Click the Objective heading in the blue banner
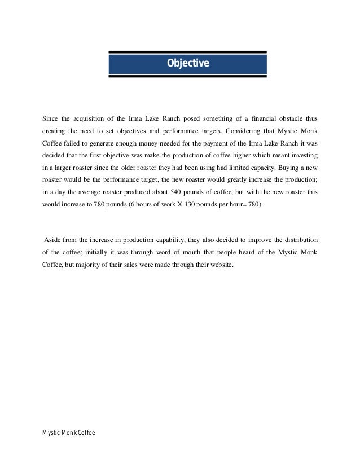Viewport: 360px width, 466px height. click(x=187, y=63)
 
